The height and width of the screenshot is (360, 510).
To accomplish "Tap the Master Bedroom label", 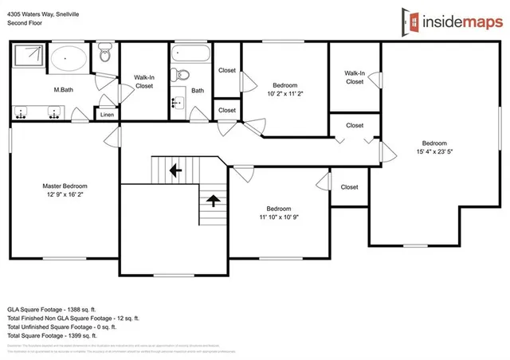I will [x=65, y=186].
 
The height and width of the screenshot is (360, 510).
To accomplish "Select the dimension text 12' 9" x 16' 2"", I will [x=65, y=194].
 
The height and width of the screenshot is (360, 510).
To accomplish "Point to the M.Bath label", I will [x=65, y=89].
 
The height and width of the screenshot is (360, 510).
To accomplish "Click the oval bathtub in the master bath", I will [x=69, y=59].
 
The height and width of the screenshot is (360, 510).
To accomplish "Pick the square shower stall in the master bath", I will [x=29, y=57].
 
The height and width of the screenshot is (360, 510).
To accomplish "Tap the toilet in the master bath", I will [x=104, y=57].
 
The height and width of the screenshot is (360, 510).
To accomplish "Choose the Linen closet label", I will [x=107, y=115].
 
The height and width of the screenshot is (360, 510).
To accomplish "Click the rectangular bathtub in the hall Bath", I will [x=190, y=55].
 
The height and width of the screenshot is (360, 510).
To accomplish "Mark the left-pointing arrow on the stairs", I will [x=175, y=170].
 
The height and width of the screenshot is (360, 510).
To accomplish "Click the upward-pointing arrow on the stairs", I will [x=212, y=199].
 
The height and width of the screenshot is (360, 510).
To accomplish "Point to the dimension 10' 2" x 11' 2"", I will [x=285, y=93].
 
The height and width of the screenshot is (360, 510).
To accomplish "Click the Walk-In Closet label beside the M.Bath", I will [x=143, y=81].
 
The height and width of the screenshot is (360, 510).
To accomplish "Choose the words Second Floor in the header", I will [x=26, y=23].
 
